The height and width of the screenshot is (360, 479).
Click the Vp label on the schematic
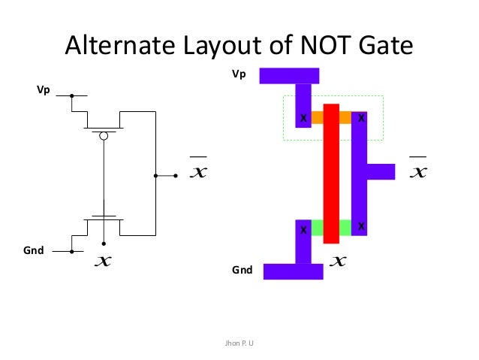pos(44,90)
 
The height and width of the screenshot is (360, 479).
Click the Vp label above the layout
pos(239,75)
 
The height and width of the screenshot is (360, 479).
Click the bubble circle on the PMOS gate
pos(104,136)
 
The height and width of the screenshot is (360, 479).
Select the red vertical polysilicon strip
pos(331,173)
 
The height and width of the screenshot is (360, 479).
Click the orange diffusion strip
pos(331,117)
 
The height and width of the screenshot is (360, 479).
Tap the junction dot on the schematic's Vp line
pos(71,96)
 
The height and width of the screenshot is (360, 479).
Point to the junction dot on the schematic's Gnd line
pos(71,252)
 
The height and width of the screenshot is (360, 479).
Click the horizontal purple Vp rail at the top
pos(289,75)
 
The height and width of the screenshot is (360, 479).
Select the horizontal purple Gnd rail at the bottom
pos(293,271)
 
